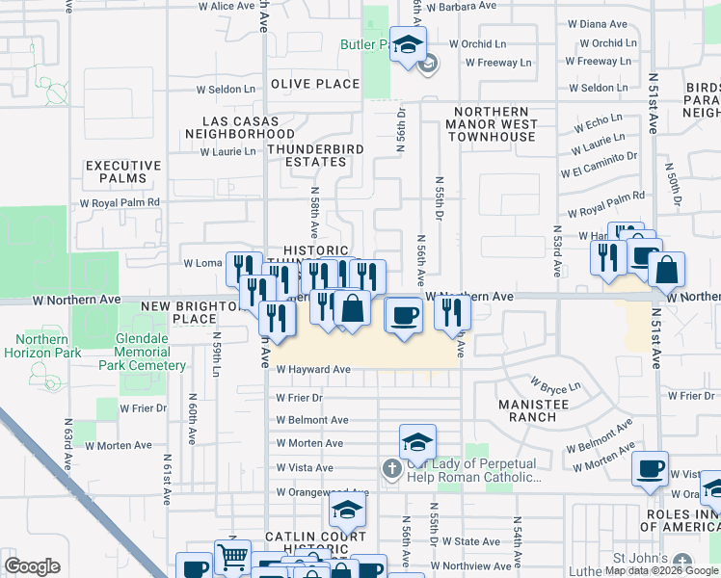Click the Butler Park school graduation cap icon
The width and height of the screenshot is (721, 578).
point(408,43)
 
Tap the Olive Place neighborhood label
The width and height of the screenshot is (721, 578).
point(314,84)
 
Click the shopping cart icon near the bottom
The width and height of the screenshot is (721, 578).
point(232,556)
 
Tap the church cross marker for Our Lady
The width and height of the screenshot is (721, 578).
point(391,469)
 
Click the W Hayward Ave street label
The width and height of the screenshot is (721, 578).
point(313,369)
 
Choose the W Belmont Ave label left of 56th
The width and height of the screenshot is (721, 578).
point(311,420)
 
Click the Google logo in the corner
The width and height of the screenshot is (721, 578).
point(32,566)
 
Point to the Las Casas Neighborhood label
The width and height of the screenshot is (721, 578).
point(234,127)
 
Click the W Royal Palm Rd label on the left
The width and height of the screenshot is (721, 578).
point(120,203)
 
